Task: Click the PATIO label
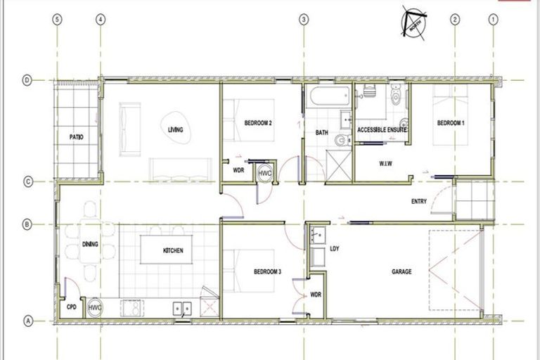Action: pos(77,137)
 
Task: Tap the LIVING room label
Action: pos(176,130)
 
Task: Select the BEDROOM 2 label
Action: pos(258,123)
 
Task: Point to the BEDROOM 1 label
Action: pos(451,123)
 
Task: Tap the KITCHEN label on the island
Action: pos(173,251)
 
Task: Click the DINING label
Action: pos(90,245)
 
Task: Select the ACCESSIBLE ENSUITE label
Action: pos(383,131)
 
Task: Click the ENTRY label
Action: pos(419,202)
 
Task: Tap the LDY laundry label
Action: pos(335,248)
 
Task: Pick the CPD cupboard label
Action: pos(71,307)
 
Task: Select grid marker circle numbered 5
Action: pos(58,20)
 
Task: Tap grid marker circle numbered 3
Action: pos(304,20)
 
